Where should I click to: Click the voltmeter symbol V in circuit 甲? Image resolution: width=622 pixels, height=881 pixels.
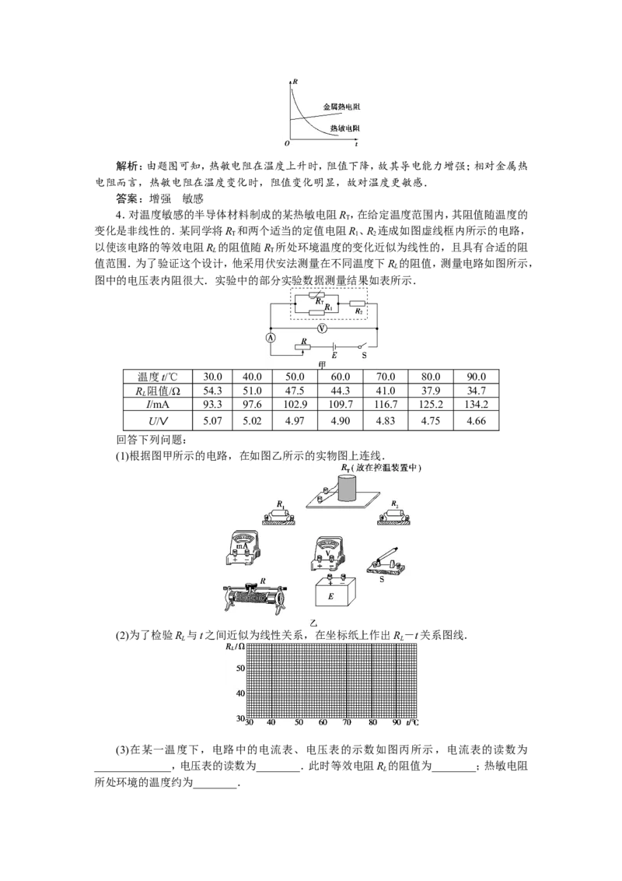click(x=322, y=328)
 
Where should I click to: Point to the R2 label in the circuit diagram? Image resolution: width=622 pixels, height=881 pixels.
click(x=358, y=311)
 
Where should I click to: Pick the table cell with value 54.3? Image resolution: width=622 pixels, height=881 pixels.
click(x=212, y=391)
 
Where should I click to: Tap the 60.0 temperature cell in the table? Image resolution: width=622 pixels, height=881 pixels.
click(x=341, y=377)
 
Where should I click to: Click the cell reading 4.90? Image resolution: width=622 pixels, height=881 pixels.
click(x=341, y=421)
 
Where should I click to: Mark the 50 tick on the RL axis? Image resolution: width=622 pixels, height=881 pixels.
click(x=241, y=669)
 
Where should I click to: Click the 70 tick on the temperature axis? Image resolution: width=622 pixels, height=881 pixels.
click(x=347, y=722)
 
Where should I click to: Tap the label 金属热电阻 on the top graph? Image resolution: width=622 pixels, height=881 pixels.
click(x=341, y=107)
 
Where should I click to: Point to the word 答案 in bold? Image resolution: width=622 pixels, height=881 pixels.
click(x=127, y=198)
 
